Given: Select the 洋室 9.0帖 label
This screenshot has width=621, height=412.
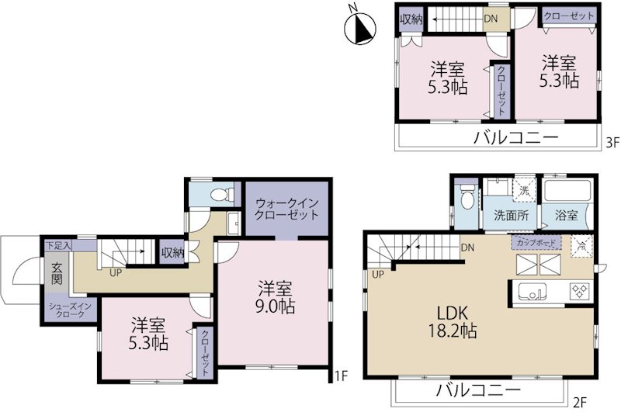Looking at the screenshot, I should point(276,297).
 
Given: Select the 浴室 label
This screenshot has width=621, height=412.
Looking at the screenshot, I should point(565,216).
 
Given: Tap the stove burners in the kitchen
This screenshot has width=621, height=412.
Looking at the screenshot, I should point(579,292).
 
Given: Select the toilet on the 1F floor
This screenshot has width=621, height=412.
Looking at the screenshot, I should point(220,192).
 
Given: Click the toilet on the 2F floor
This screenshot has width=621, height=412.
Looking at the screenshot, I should point(465,201).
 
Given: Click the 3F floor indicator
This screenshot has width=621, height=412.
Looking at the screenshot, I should point(611,142).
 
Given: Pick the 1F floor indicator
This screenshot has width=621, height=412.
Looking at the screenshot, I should point(339,376).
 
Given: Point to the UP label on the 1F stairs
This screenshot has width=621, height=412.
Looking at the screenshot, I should point(115,273).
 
